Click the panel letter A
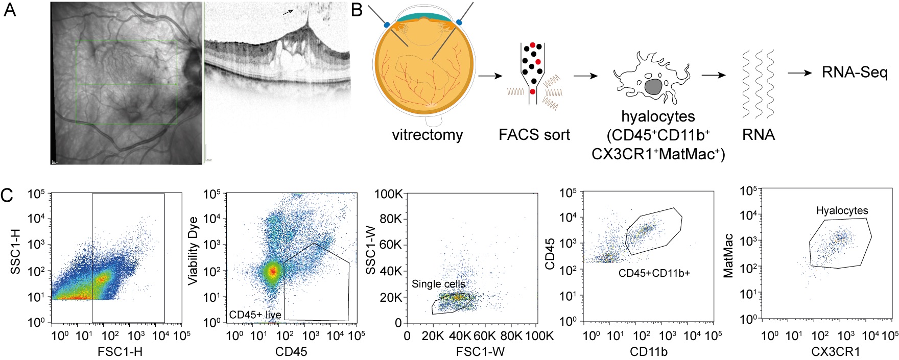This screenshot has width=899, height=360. (10, 10)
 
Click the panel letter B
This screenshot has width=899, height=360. (358, 10)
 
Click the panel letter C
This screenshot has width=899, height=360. (8, 196)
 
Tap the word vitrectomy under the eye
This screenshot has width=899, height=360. (427, 135)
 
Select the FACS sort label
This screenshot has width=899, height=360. (534, 135)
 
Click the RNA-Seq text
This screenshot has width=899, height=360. (855, 73)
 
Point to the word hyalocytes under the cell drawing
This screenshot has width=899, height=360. (658, 116)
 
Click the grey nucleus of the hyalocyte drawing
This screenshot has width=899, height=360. (653, 86)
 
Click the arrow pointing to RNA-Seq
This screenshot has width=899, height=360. (799, 73)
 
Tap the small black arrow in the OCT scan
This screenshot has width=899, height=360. (289, 11)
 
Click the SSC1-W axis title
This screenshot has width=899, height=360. (371, 251)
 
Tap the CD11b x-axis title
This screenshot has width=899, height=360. (649, 351)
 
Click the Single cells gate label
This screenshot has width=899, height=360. (438, 284)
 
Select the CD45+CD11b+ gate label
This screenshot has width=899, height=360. (654, 273)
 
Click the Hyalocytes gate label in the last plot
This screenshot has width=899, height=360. (842, 210)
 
